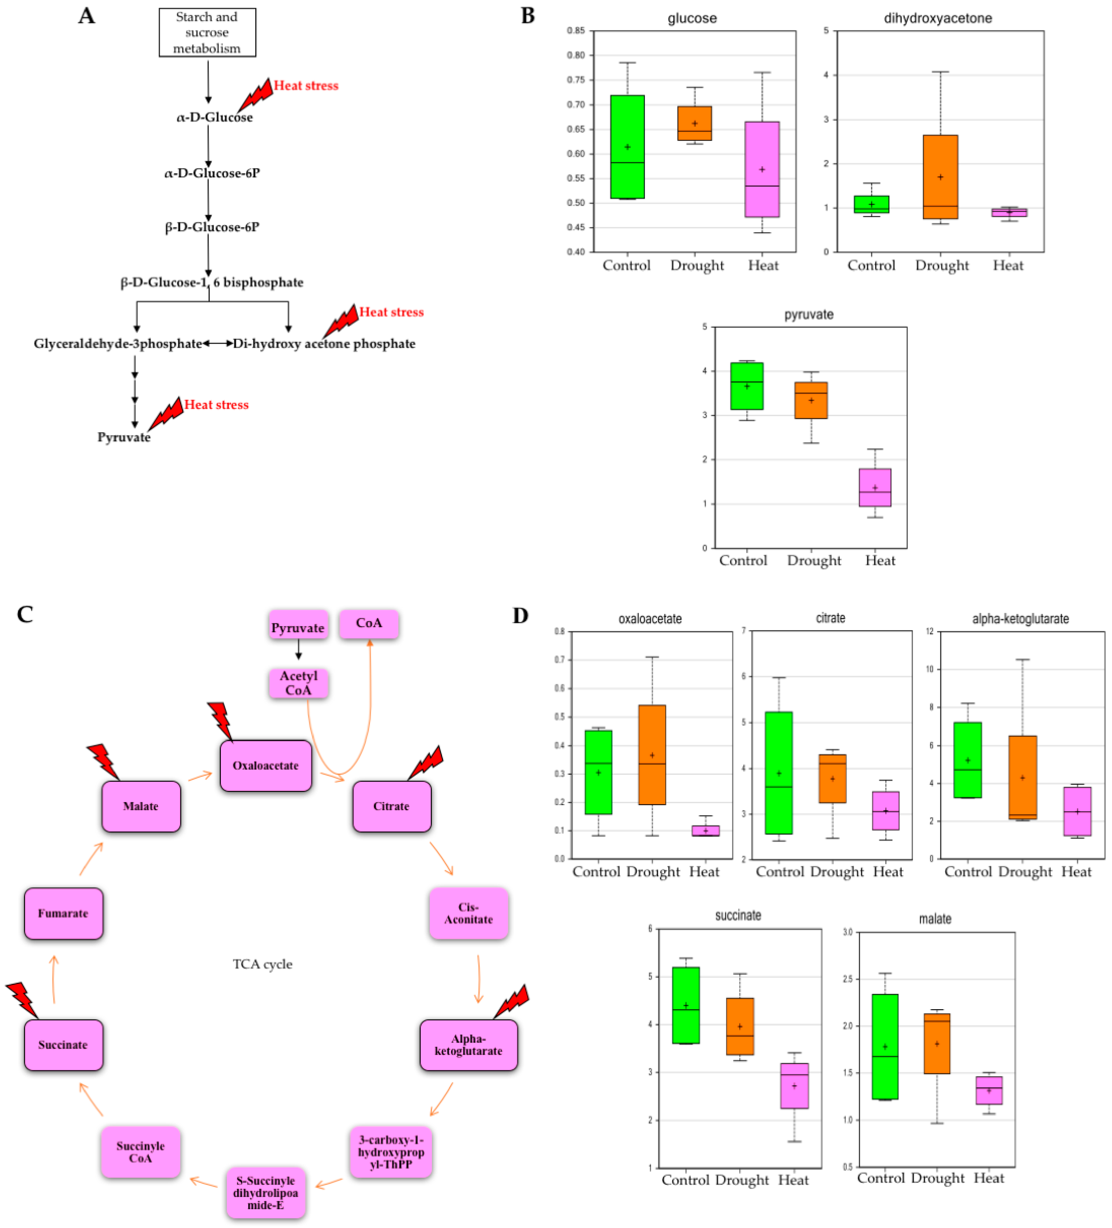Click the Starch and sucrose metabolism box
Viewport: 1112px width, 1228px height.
[207, 32]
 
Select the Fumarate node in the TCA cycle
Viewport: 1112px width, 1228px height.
[63, 913]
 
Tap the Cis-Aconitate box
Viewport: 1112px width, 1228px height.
[468, 913]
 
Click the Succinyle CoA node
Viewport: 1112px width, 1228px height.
[141, 1152]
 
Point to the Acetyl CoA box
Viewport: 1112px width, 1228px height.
[298, 683]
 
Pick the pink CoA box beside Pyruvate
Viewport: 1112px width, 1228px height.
[369, 623]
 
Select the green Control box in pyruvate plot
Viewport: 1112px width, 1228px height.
[747, 386]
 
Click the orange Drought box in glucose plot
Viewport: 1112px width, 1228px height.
[694, 123]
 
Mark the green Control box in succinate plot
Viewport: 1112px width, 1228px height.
[686, 1005]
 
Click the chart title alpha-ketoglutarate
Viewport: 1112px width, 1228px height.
[1020, 619]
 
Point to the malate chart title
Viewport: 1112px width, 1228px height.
[935, 919]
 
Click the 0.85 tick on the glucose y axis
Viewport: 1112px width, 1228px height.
[576, 30]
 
